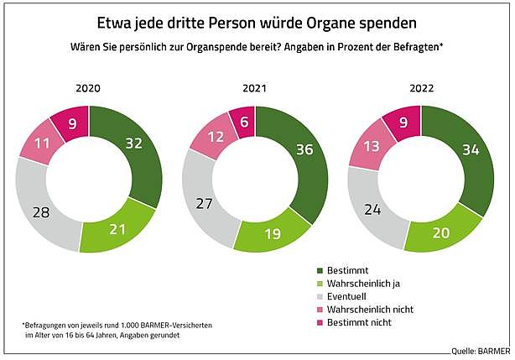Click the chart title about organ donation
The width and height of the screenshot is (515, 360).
tap(257, 20)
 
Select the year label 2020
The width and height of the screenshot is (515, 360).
tap(89, 86)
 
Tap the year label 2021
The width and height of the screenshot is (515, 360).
tap(255, 86)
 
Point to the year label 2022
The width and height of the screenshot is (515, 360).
tap(420, 86)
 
